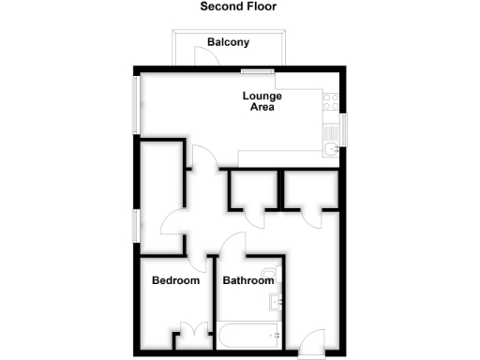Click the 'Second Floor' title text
click(238, 7)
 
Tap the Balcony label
click(228, 42)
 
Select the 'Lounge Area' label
click(262, 101)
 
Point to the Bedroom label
click(176, 280)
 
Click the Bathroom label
click(247, 280)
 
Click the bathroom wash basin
click(276, 302)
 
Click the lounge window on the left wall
click(137, 104)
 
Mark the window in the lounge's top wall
click(251, 70)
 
